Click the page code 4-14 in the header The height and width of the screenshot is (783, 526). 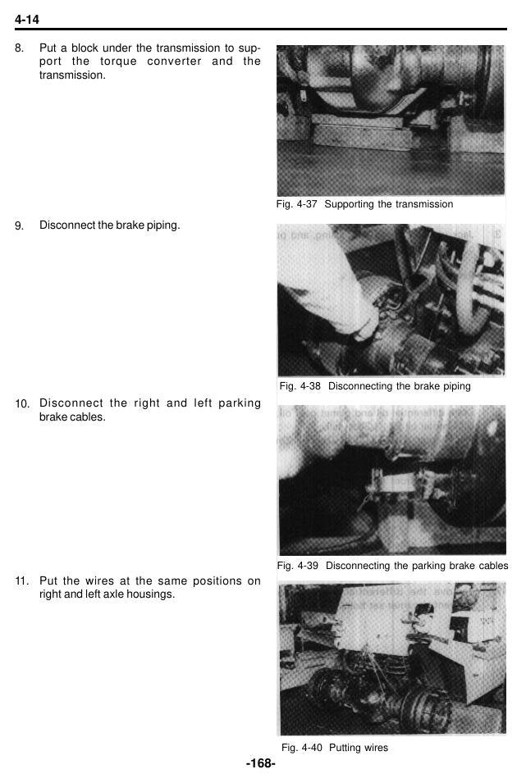click(x=27, y=20)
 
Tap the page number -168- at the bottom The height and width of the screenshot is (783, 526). click(x=261, y=763)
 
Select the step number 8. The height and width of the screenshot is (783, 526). click(x=19, y=48)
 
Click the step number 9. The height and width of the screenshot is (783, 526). click(x=19, y=225)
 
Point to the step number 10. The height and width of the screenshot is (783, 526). click(x=22, y=404)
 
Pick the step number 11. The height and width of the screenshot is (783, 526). click(x=22, y=581)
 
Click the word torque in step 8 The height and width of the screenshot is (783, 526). click(x=118, y=62)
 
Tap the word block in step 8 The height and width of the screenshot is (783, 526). click(x=85, y=48)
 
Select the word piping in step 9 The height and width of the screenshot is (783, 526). click(x=163, y=225)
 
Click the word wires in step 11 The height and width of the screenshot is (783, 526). click(x=100, y=580)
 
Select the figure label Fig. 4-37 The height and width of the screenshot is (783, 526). click(x=296, y=204)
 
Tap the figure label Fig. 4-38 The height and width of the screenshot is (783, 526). click(x=300, y=386)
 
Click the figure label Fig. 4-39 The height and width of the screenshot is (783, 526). click(x=298, y=566)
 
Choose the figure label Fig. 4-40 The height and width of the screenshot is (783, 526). click(x=301, y=748)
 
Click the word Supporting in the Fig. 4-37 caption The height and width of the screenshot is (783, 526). click(x=350, y=205)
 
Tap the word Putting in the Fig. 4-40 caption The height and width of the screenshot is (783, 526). click(x=345, y=748)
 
